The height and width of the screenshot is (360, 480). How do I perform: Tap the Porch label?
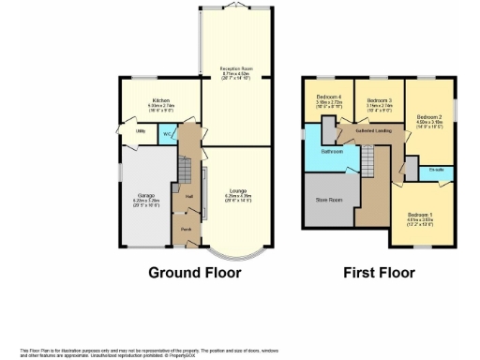click(x=187, y=229)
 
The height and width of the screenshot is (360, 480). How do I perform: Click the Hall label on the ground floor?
click(x=189, y=196)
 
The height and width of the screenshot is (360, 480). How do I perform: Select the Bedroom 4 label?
click(x=329, y=97)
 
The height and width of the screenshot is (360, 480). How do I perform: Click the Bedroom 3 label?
click(x=379, y=100)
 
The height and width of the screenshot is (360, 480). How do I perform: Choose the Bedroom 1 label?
click(x=421, y=215)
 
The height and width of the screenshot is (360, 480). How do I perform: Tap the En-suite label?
click(x=436, y=170)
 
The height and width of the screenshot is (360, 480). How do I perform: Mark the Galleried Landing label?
click(x=374, y=132)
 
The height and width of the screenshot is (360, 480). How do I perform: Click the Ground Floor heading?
click(x=195, y=273)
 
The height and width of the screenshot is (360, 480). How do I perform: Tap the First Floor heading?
click(x=379, y=273)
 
